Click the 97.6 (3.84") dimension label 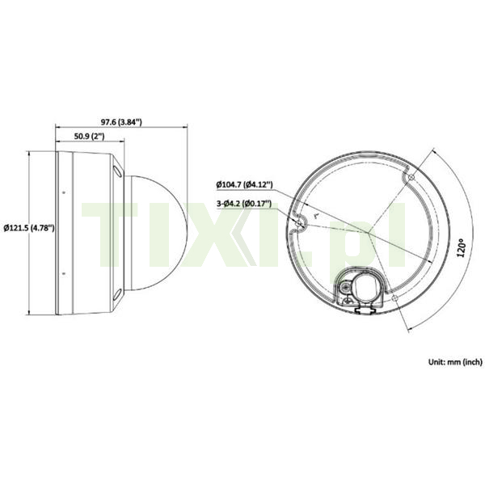click(x=121, y=122)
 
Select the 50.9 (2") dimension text click(x=89, y=136)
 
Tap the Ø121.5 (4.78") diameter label click(x=29, y=228)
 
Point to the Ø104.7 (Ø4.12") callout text click(x=244, y=185)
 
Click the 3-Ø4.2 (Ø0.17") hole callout click(x=244, y=204)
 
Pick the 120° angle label click(x=461, y=247)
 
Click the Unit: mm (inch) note click(x=455, y=361)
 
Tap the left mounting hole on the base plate click(x=298, y=224)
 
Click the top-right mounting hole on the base click(x=411, y=177)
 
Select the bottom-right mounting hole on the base click(x=394, y=298)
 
